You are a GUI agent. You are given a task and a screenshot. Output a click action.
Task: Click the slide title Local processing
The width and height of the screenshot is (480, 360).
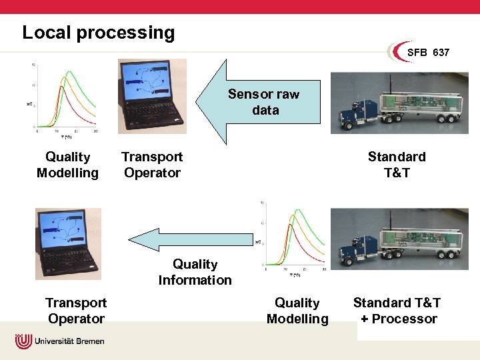pyautogui.click(x=98, y=33)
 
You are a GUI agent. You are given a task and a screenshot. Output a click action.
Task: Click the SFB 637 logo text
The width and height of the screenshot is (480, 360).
pyautogui.click(x=428, y=52)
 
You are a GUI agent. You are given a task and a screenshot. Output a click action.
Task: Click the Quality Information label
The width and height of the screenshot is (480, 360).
pyautogui.click(x=195, y=272)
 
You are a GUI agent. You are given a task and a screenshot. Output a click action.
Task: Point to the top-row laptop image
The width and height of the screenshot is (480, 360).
pyautogui.click(x=152, y=96)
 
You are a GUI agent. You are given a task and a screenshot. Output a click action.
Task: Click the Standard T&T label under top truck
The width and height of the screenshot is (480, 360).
pyautogui.click(x=396, y=165)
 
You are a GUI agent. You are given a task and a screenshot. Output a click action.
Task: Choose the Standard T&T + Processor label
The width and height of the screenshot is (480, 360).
pyautogui.click(x=397, y=311)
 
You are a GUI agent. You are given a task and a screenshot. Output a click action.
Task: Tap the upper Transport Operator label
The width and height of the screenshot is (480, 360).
pyautogui.click(x=152, y=165)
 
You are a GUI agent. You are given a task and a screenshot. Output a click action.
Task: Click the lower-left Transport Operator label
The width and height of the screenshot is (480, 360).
pyautogui.click(x=76, y=311)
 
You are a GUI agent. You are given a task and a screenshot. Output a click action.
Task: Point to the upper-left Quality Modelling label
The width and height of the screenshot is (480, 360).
pyautogui.click(x=67, y=165)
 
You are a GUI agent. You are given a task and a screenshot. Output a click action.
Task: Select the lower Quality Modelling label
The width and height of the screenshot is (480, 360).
pyautogui.click(x=297, y=311)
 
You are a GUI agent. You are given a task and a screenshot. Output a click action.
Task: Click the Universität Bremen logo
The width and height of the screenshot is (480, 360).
pyautogui.click(x=60, y=341)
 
